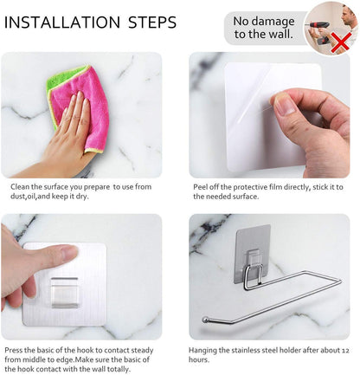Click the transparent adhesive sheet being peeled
click(x=251, y=104)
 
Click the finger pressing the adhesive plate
click(x=30, y=260)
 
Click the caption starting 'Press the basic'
click(x=82, y=359)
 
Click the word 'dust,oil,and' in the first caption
click(x=30, y=197)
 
